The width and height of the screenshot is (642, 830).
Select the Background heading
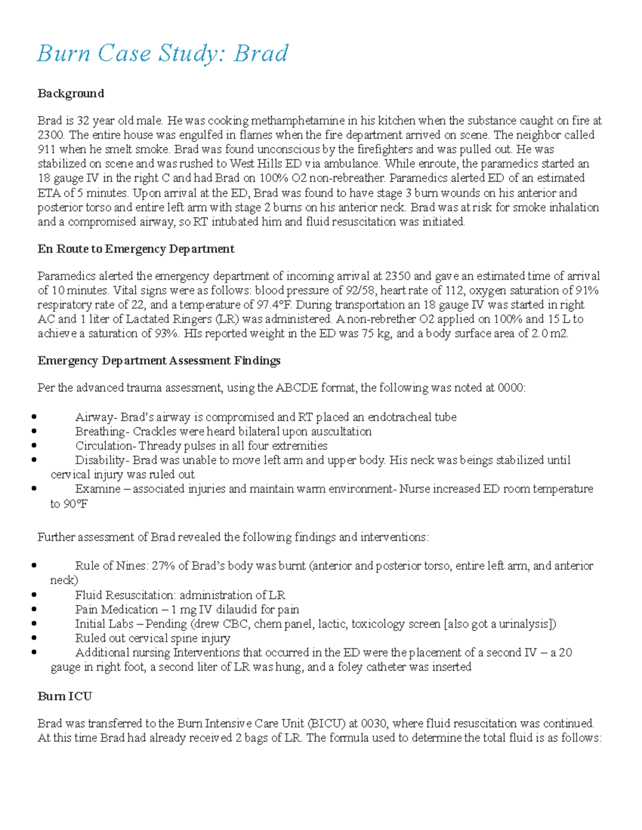pyautogui.click(x=71, y=94)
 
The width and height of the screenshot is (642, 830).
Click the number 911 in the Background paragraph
pyautogui.click(x=47, y=150)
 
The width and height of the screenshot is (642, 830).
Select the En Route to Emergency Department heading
pyautogui.click(x=136, y=249)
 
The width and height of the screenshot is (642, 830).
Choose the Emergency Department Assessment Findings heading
pyautogui.click(x=159, y=361)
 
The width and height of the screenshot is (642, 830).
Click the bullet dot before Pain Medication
pyautogui.click(x=34, y=609)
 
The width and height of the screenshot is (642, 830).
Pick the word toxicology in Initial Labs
pyautogui.click(x=377, y=624)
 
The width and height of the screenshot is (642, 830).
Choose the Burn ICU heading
pyautogui.click(x=65, y=696)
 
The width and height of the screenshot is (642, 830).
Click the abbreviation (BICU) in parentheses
pyautogui.click(x=326, y=724)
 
